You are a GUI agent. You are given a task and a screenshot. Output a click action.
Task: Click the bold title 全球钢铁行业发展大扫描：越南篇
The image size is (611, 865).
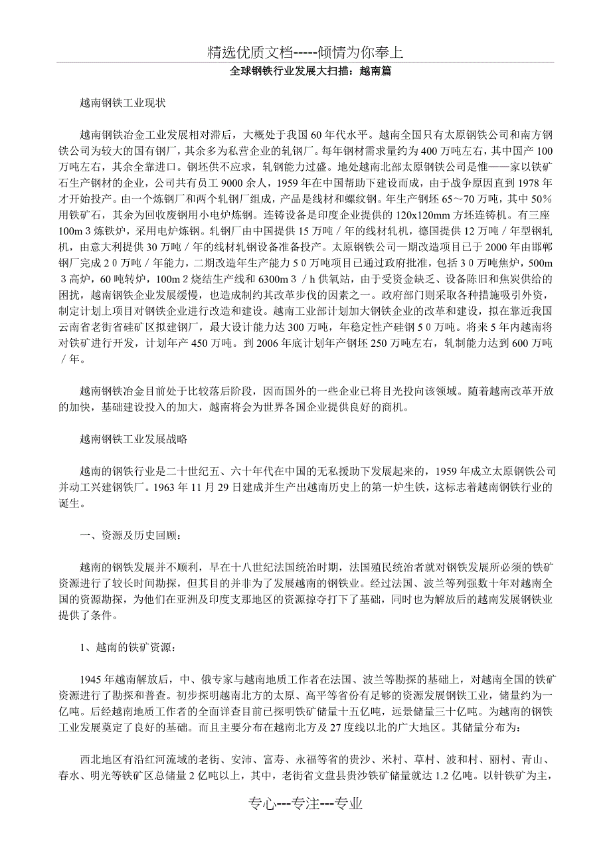pyautogui.click(x=305, y=71)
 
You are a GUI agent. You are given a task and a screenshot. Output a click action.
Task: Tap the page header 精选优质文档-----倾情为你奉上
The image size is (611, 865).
pyautogui.click(x=305, y=52)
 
